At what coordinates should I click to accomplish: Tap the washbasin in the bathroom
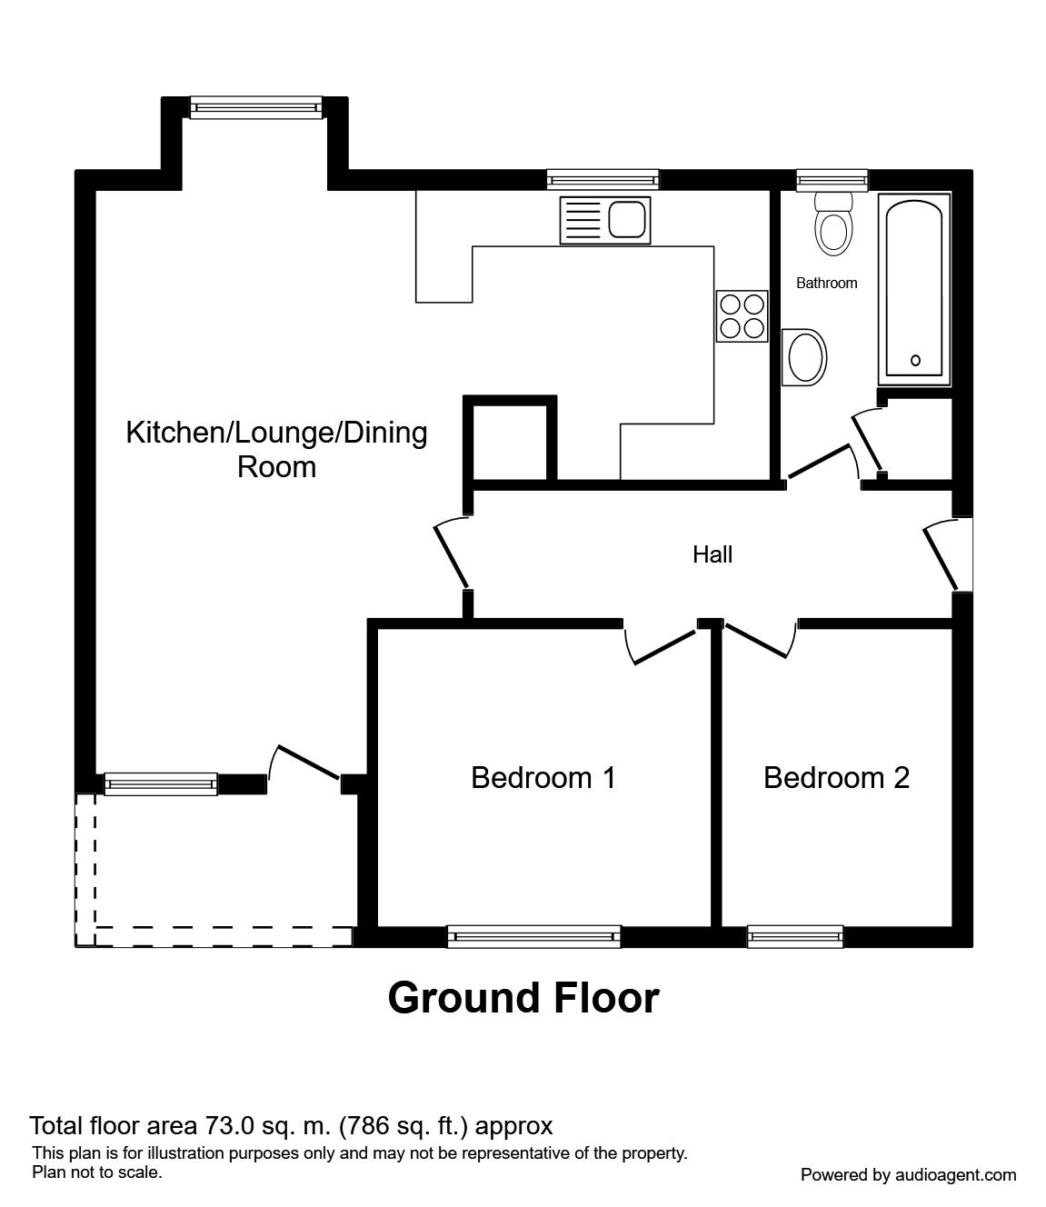(805, 356)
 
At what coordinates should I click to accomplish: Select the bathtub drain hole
(915, 361)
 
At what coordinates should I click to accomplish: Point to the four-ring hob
(742, 315)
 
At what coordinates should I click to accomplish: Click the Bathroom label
(826, 283)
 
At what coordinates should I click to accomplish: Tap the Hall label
(712, 554)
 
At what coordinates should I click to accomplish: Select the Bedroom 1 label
(543, 778)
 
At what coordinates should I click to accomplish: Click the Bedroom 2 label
(836, 778)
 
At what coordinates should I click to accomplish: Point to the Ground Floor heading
(523, 998)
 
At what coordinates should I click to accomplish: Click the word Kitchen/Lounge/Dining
(276, 432)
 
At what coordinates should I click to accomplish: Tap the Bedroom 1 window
(534, 936)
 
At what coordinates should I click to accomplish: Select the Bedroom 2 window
(795, 936)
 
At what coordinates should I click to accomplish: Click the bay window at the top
(255, 107)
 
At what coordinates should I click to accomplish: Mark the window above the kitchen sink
(603, 180)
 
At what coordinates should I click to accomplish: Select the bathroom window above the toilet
(832, 180)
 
